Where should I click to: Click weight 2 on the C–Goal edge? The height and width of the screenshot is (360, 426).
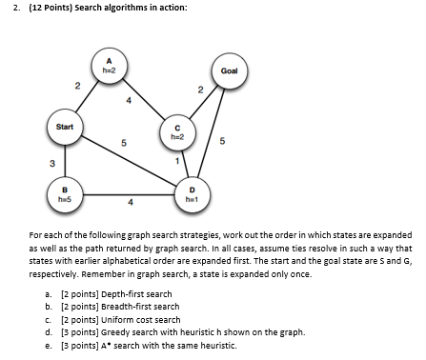201,90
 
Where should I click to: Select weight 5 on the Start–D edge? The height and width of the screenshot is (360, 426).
124,144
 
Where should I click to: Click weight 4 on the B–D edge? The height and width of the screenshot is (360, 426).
130,201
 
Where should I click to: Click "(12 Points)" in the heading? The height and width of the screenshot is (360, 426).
45,8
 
